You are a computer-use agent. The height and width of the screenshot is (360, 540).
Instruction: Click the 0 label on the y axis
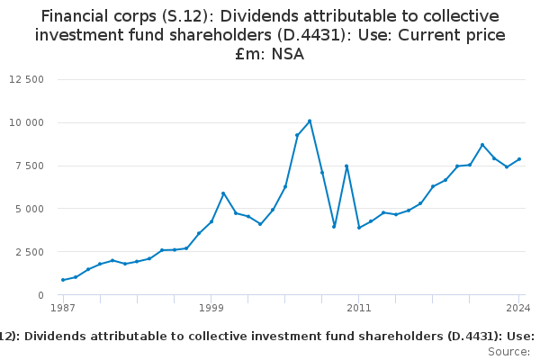[41, 295]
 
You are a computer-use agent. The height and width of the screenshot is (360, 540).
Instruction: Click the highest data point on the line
[310, 121]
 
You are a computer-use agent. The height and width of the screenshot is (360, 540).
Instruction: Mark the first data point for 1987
[63, 280]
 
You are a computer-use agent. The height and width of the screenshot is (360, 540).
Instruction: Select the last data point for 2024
[519, 159]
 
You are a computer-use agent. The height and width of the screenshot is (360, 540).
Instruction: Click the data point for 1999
[211, 221]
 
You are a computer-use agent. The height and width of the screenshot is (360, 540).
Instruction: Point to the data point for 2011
[359, 227]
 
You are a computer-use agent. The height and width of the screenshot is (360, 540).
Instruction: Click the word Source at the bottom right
[508, 352]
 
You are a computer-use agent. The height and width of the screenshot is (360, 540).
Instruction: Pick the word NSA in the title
[288, 55]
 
